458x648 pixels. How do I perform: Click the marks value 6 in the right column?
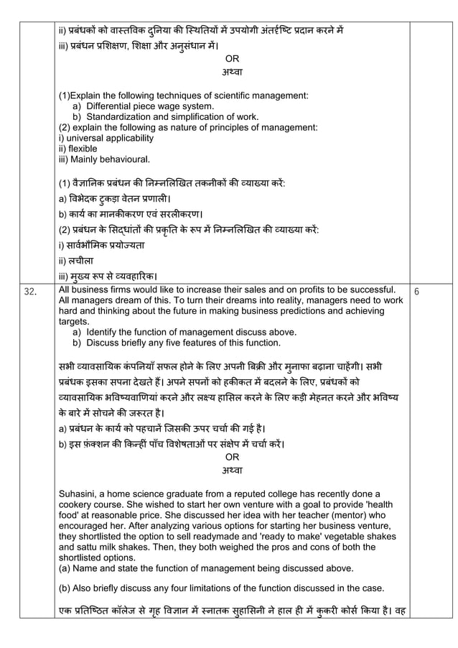(417, 290)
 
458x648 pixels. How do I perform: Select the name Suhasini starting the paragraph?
(82, 494)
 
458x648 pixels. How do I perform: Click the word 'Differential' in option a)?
(112, 106)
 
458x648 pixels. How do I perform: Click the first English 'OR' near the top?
(233, 59)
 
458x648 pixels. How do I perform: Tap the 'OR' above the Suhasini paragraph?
(233, 456)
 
